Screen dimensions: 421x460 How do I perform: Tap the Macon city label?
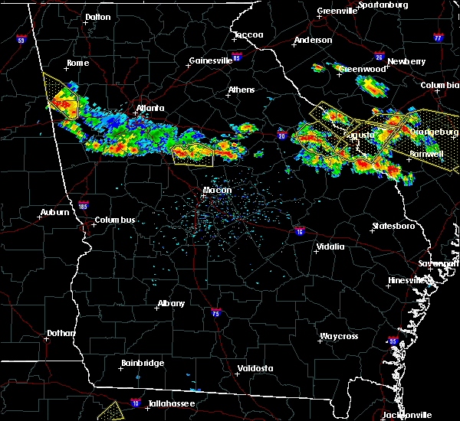(216, 190)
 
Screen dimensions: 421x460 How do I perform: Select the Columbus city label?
(115, 220)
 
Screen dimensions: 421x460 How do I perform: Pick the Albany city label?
(171, 303)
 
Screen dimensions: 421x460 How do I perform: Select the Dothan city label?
(61, 333)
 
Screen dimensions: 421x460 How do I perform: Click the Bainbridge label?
(142, 363)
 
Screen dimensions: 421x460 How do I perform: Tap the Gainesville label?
(211, 60)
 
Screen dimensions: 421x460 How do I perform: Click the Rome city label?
(78, 64)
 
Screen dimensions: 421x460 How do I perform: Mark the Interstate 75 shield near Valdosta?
(217, 312)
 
